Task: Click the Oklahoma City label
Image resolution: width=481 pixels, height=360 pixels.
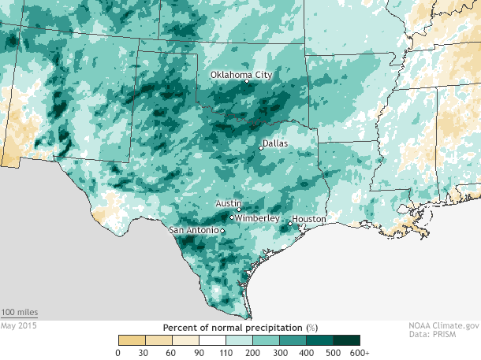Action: pos(241,75)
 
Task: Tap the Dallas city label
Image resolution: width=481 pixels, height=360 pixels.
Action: pos(275,144)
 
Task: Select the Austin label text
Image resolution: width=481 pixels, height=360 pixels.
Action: pos(227,203)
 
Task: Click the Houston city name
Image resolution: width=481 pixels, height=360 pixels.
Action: pos(308,219)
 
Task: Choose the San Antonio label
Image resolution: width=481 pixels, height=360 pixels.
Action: pos(194,231)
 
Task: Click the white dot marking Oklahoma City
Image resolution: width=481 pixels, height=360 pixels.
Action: pos(247,81)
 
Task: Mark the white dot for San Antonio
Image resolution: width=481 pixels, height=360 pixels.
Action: pos(222,231)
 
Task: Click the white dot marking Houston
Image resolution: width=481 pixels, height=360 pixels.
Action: pos(290,224)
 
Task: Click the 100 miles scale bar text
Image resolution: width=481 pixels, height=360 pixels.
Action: pos(19,313)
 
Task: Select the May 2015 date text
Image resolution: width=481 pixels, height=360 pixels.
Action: pos(18,325)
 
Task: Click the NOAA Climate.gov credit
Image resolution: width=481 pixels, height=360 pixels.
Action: pos(444,325)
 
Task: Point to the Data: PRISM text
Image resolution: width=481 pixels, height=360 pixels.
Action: pos(455,335)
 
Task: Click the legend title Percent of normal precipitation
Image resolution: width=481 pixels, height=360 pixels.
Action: pos(240,326)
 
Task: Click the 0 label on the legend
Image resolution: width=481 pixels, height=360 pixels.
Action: pos(118,352)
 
